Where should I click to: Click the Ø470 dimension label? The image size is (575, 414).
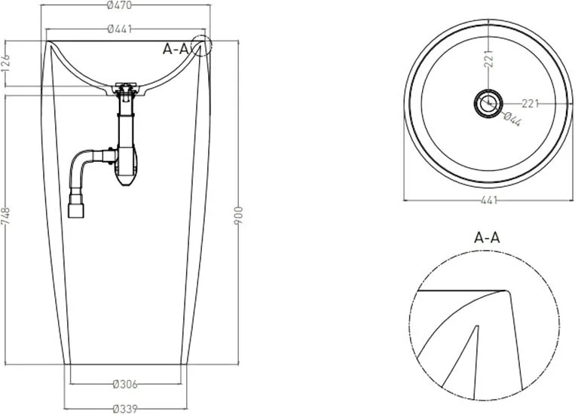coord(120,5)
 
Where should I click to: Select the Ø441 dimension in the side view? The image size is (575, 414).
coord(120,29)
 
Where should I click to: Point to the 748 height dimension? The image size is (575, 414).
coord(5,218)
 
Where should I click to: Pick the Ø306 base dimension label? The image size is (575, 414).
coord(125,384)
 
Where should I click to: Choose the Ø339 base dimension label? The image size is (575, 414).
coord(125,408)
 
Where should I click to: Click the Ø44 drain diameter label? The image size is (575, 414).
coord(512,119)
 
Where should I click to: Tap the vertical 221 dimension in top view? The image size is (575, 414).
coord(489,58)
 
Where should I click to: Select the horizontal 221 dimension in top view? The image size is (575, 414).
coord(530,104)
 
